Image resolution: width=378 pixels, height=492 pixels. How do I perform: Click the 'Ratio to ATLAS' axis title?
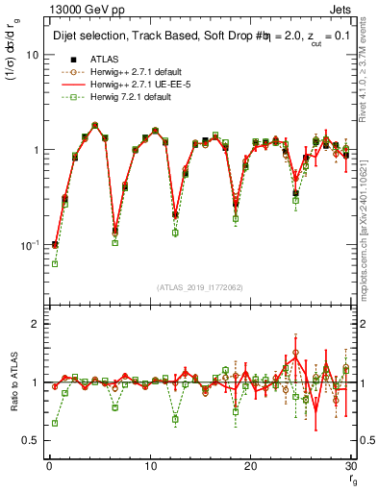12,385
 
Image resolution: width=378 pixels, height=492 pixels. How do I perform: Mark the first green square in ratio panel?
55,423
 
